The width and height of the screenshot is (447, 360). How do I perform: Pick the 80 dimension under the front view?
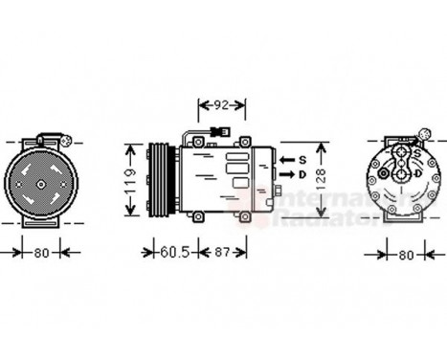click(39, 254)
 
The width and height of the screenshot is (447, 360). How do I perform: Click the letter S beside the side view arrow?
click(302, 158)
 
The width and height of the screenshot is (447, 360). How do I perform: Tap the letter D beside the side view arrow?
click(302, 175)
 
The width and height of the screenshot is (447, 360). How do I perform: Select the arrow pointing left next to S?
click(286, 158)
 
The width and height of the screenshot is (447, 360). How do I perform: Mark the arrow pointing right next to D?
click(286, 175)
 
